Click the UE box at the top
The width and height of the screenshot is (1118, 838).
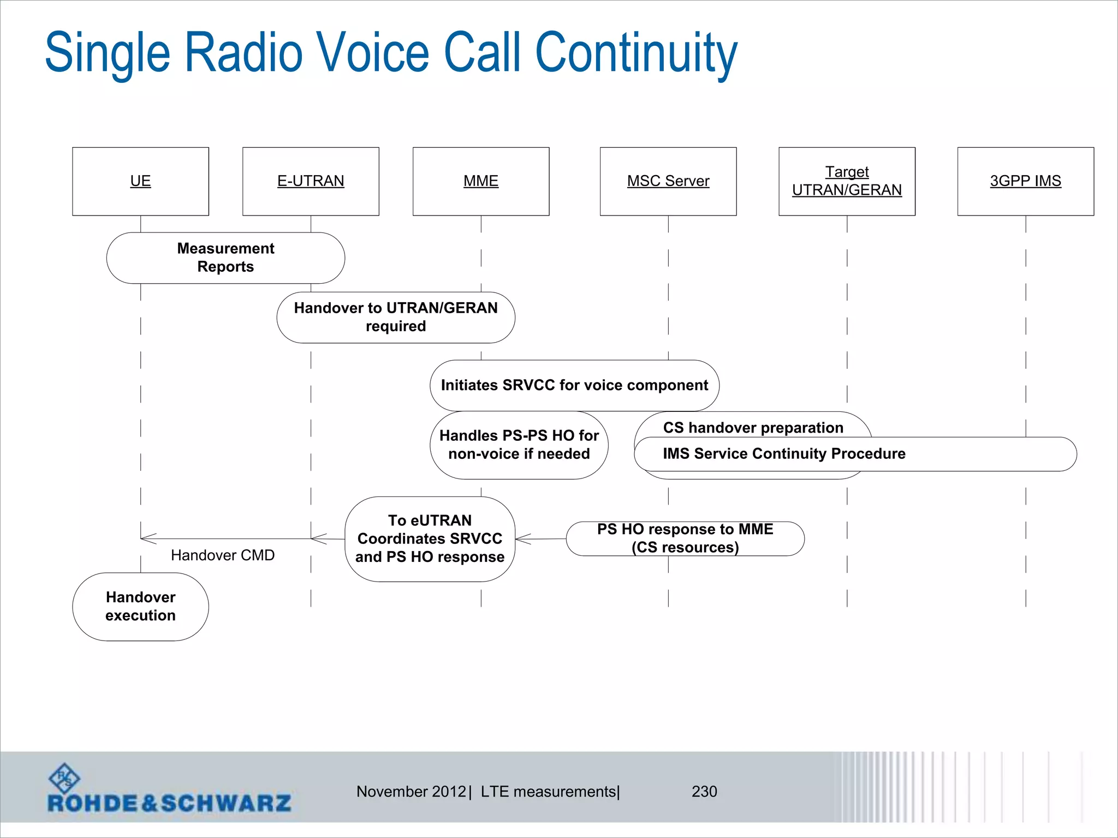[140, 181]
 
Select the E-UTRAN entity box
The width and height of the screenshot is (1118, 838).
[311, 181]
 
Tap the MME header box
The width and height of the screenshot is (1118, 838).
[481, 181]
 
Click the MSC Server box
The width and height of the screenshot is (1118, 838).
[668, 181]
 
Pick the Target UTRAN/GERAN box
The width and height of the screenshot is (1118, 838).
[847, 181]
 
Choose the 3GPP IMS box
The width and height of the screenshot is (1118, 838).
[1025, 181]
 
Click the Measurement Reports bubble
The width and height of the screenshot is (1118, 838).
[225, 258]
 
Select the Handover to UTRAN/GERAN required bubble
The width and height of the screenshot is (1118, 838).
[396, 317]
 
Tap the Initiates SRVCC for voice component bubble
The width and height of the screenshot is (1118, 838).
[574, 385]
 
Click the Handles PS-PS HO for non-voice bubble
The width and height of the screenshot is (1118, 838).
[519, 445]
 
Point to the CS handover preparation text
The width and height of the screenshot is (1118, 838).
[753, 427]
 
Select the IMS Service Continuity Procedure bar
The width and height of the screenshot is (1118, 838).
[855, 454]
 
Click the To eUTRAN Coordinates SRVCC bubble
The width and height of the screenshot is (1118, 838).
[430, 538]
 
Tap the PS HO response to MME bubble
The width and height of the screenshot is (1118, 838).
[685, 538]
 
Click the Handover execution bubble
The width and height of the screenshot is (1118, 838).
[140, 606]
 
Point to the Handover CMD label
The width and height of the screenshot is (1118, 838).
[222, 555]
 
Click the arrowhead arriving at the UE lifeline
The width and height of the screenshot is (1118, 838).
[146, 538]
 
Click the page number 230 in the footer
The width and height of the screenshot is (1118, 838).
[704, 792]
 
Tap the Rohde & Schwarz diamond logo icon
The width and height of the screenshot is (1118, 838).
[64, 778]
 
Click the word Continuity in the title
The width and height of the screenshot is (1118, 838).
[636, 53]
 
